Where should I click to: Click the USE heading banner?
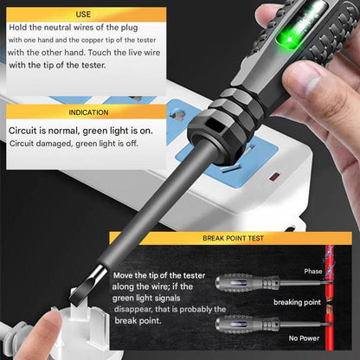83,15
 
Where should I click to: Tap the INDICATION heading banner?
83,112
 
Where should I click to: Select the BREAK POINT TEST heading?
234,237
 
